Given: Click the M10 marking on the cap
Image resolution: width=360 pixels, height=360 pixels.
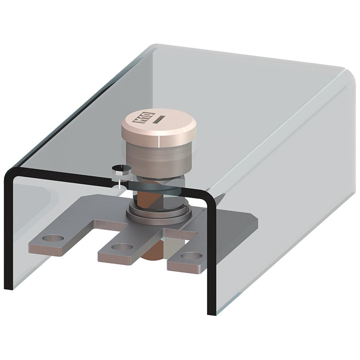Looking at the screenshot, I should click(138, 120).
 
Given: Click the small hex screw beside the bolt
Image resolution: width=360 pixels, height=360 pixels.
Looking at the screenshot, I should click(119, 170).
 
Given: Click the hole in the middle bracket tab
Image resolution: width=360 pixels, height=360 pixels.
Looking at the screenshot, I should click(123, 246).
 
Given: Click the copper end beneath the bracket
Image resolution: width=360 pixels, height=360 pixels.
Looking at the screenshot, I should click(152, 254).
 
